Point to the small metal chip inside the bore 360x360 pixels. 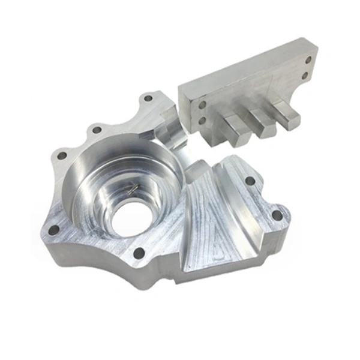click(133, 190)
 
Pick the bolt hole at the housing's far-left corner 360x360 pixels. click(53, 229)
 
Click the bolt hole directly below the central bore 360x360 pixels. click(139, 253)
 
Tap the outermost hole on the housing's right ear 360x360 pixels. click(277, 214)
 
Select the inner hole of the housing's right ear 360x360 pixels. click(250, 179)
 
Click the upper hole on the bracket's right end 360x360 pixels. click(307, 61)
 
